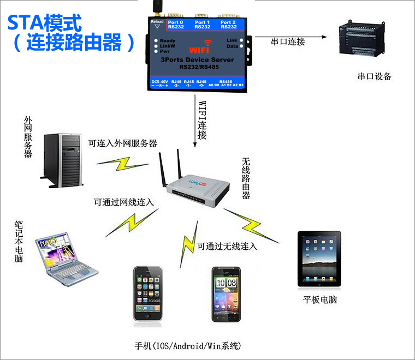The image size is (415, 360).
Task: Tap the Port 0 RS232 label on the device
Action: pyautogui.click(x=176, y=24)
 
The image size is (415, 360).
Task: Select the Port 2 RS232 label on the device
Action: pyautogui.click(x=229, y=24)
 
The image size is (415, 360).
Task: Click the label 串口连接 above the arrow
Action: pyautogui.click(x=288, y=41)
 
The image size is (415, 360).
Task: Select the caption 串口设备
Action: pyautogui.click(x=375, y=76)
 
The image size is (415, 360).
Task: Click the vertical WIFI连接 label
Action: pyautogui.click(x=202, y=120)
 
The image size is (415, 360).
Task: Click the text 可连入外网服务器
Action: pyautogui.click(x=123, y=143)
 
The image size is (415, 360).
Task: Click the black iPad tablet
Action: pyautogui.click(x=319, y=259)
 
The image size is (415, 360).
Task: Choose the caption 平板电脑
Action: pyautogui.click(x=321, y=300)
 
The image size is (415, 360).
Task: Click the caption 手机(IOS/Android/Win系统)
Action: pyautogui.click(x=188, y=346)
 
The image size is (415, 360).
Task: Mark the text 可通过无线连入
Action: pyautogui.click(x=227, y=246)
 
